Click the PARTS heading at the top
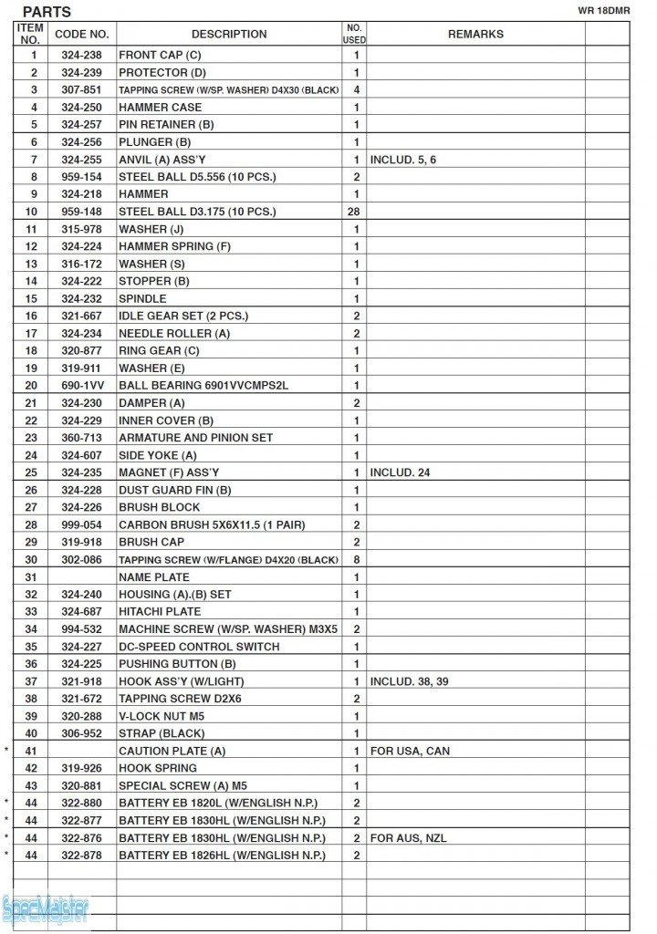click(47, 12)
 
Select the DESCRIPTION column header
click(229, 35)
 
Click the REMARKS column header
click(475, 35)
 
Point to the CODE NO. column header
click(82, 35)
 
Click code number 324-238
click(81, 55)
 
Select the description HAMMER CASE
click(161, 107)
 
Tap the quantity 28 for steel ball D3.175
click(356, 212)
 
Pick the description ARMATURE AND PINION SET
click(195, 438)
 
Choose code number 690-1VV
click(81, 386)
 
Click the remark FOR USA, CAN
click(410, 751)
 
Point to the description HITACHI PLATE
click(160, 612)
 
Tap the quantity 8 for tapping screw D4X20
click(356, 560)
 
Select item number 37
click(31, 681)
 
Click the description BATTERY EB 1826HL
click(222, 856)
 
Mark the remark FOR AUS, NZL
click(408, 838)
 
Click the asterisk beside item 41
click(7, 751)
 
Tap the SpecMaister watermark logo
click(46, 908)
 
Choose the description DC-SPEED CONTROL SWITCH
click(199, 647)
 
